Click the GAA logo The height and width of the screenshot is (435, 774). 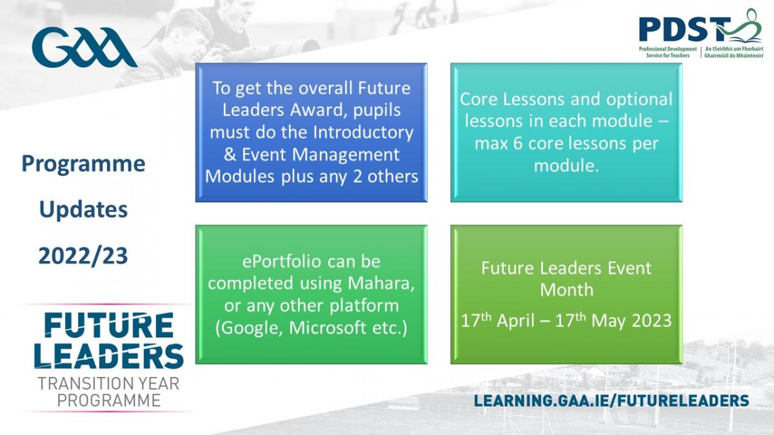coord(84,47)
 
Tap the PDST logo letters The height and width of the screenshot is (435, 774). coord(684,29)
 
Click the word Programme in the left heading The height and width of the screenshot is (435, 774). coord(83,164)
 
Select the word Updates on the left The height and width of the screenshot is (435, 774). coord(83,209)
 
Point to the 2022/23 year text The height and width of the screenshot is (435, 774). coord(83,256)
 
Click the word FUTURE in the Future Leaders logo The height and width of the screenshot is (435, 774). coord(109,325)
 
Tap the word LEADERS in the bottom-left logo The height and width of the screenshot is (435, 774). coord(109,356)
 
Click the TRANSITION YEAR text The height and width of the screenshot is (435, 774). coord(108,383)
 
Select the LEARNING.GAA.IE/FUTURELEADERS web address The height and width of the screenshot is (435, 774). coord(611,401)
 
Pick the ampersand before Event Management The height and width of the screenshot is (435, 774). coord(230,154)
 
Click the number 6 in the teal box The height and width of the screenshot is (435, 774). coord(517,144)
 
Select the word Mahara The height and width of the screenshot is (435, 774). coord(381,284)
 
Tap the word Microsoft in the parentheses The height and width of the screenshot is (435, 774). coord(328,328)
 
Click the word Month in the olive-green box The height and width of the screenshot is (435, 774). coord(567,289)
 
